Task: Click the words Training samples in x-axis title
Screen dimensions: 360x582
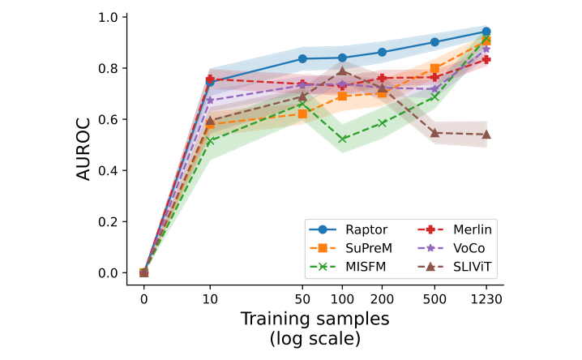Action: pyautogui.click(x=315, y=319)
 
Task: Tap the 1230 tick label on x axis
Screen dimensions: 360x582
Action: pyautogui.click(x=486, y=298)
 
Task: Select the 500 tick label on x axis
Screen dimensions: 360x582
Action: pyautogui.click(x=435, y=298)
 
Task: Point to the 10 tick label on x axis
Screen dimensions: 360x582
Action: pyautogui.click(x=210, y=298)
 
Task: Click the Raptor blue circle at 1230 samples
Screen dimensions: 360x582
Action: pyautogui.click(x=486, y=32)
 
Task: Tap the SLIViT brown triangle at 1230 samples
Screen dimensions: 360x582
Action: pyautogui.click(x=486, y=134)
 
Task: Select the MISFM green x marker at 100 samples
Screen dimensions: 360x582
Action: pyautogui.click(x=343, y=139)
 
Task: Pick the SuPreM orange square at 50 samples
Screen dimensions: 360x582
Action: pyautogui.click(x=303, y=114)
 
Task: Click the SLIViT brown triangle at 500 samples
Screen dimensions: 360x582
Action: pyautogui.click(x=435, y=132)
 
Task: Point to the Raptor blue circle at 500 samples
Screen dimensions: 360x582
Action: pyautogui.click(x=435, y=42)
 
